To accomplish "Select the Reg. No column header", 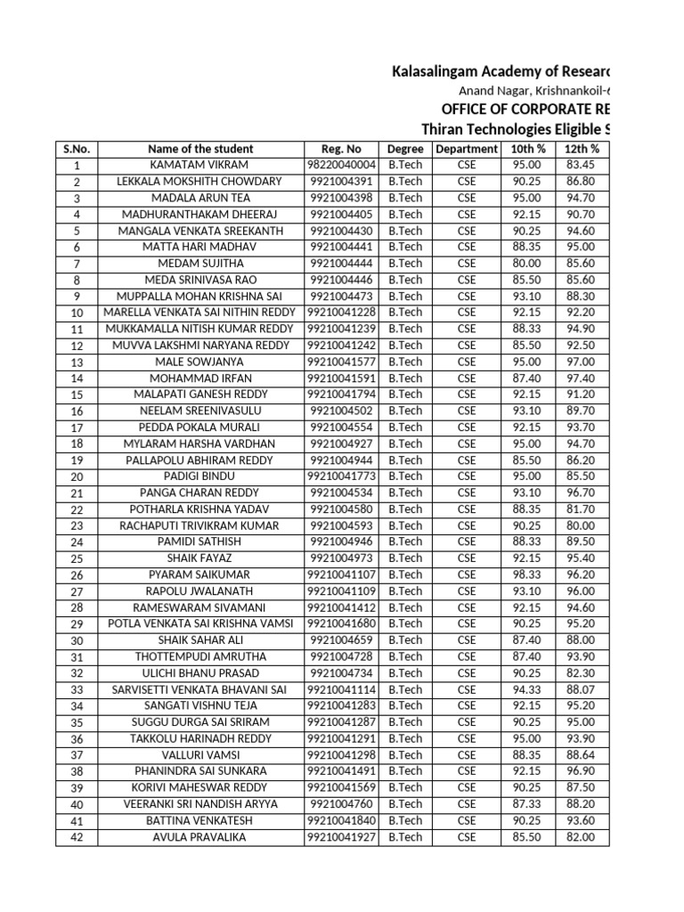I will pyautogui.click(x=341, y=149).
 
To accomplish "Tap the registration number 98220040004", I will pyautogui.click(x=341, y=165).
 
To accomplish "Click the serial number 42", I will pyautogui.click(x=77, y=837).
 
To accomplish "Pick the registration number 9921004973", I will pyautogui.click(x=341, y=558).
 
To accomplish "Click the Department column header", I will pyautogui.click(x=467, y=149).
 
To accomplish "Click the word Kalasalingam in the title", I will pyautogui.click(x=437, y=70).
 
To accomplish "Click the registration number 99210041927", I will pyautogui.click(x=341, y=837).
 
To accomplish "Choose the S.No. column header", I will pyautogui.click(x=77, y=149).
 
